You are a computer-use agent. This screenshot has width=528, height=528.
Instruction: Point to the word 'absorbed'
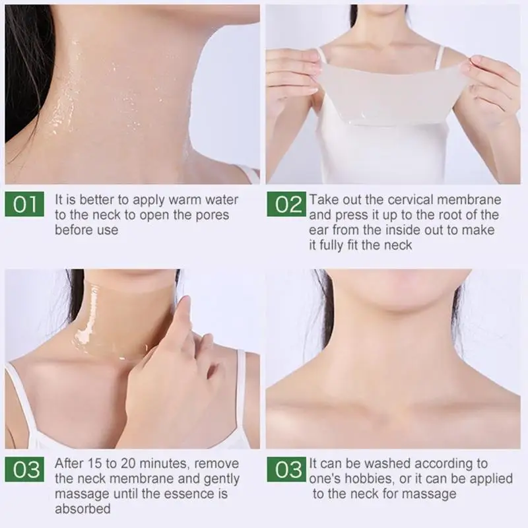click(82, 510)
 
